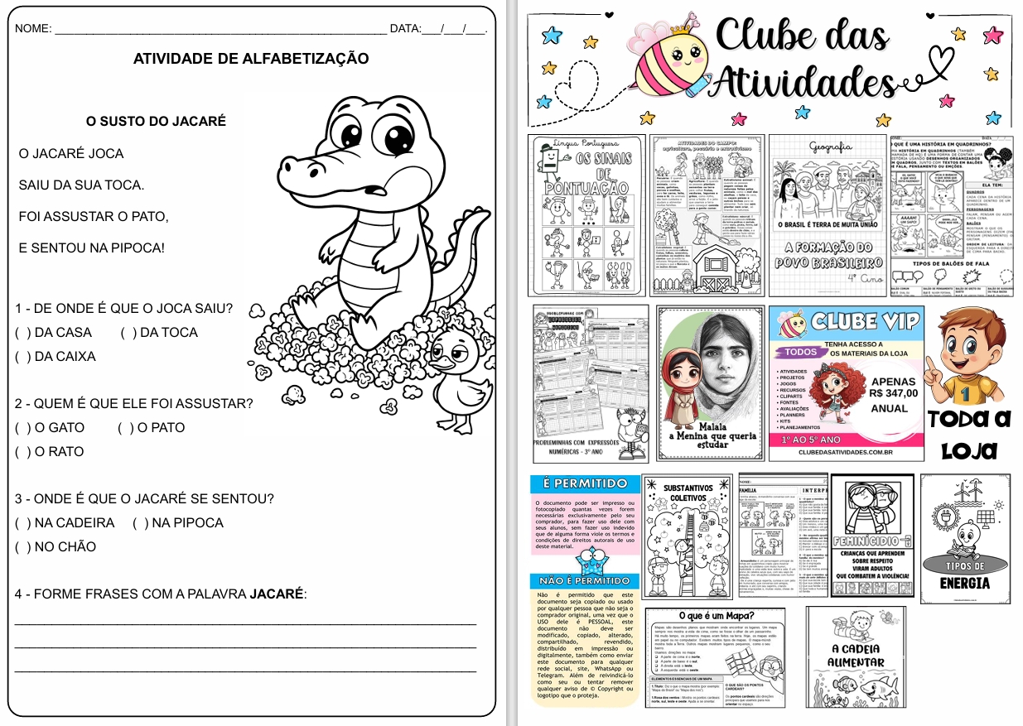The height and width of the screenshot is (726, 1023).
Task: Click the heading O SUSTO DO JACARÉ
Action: coord(156,121)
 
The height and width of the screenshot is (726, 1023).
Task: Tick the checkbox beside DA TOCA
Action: coord(128,333)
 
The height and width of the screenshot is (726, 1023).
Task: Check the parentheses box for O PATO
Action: coord(126,428)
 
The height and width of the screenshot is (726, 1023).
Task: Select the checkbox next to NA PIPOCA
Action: coord(140,523)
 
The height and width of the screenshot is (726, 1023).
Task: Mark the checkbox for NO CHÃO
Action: coord(22,547)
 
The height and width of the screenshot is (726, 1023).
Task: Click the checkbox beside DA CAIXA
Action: coord(22,357)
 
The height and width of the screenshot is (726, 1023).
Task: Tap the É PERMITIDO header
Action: coord(584,483)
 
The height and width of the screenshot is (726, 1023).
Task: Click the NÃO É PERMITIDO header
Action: coord(585,581)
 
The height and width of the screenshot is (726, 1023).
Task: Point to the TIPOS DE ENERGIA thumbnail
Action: coord(964,535)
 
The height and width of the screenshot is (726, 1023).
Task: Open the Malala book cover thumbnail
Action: coord(709,382)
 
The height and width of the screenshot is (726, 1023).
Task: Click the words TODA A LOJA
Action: coord(969,434)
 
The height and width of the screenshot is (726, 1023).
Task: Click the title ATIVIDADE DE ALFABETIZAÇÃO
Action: coord(251,59)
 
